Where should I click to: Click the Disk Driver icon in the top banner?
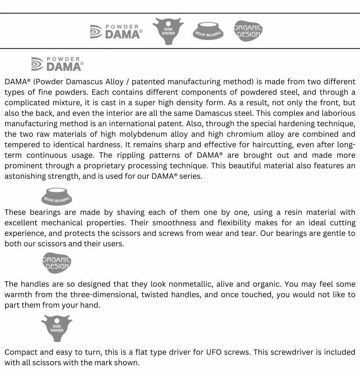click(x=168, y=31)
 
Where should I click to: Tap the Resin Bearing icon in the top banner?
click(x=208, y=31)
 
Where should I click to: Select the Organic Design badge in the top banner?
click(x=248, y=31)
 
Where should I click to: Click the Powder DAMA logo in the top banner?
click(x=116, y=32)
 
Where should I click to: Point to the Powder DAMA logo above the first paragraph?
click(x=57, y=64)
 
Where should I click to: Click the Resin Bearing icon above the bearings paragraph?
click(x=57, y=196)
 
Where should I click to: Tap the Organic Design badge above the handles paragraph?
click(x=57, y=263)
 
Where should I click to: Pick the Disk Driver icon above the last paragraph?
click(x=57, y=328)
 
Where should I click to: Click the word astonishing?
click(x=25, y=176)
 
